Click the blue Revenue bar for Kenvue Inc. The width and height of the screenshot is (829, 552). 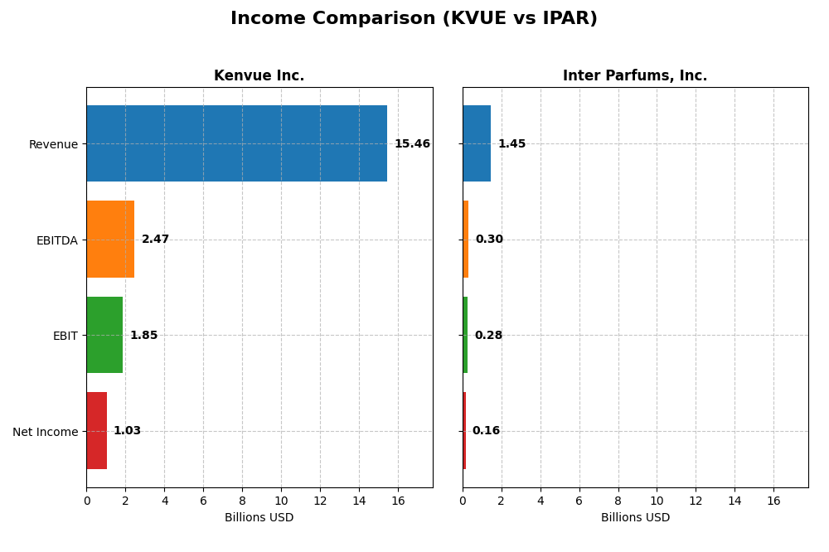click(x=236, y=143)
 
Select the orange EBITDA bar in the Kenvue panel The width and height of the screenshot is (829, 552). click(x=110, y=239)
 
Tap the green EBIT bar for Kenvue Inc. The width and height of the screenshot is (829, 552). click(x=104, y=335)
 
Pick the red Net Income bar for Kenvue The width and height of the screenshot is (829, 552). click(x=96, y=430)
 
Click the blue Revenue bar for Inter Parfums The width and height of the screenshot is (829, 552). click(x=477, y=143)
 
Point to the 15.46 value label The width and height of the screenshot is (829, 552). click(x=412, y=144)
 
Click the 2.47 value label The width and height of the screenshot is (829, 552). click(x=155, y=240)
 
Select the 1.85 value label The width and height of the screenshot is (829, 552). click(x=143, y=336)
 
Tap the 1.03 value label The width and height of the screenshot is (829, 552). click(x=127, y=431)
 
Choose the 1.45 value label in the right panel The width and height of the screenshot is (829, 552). click(x=511, y=144)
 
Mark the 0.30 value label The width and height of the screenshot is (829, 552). click(x=489, y=240)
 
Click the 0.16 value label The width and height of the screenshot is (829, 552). click(x=486, y=431)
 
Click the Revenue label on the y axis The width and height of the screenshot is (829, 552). click(x=53, y=145)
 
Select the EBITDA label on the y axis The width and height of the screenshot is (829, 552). click(x=56, y=240)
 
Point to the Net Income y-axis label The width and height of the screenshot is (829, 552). click(x=45, y=432)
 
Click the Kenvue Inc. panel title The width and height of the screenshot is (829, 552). click(x=259, y=76)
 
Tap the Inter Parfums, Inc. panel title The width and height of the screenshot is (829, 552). click(x=635, y=76)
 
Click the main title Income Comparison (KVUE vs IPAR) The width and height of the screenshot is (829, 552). click(x=414, y=19)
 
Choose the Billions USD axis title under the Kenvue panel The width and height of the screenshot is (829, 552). click(x=259, y=518)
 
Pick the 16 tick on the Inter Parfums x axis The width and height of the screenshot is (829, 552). click(x=773, y=501)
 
